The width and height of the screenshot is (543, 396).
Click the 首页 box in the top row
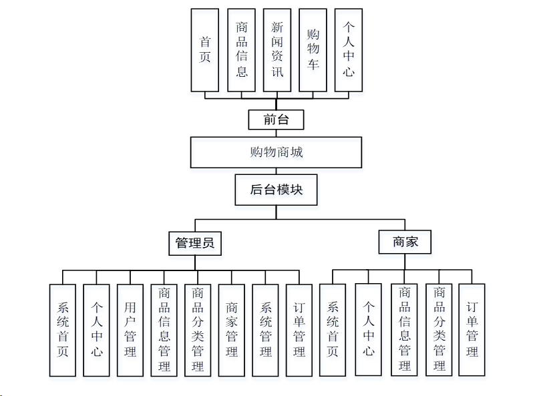click(204, 50)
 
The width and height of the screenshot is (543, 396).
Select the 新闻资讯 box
click(277, 50)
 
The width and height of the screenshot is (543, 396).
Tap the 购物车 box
click(313, 50)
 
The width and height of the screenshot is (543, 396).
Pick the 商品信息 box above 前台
click(241, 50)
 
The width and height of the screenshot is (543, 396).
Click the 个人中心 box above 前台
click(348, 50)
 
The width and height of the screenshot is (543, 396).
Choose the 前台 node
click(276, 120)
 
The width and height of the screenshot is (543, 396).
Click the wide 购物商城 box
click(276, 152)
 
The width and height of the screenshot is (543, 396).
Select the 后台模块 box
click(276, 190)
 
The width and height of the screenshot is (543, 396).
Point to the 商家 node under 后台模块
click(405, 242)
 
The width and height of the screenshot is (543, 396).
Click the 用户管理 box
click(130, 329)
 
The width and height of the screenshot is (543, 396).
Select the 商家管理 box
click(232, 329)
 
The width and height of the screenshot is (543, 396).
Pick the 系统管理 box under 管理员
click(266, 329)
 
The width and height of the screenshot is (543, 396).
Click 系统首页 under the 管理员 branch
click(63, 329)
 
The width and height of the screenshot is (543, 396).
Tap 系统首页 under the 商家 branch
click(333, 329)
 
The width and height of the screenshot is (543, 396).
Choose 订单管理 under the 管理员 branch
click(299, 329)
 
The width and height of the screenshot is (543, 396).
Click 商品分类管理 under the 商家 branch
click(439, 329)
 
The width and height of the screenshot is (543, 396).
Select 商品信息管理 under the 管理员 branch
click(164, 329)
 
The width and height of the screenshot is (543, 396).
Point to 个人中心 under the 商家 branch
click(368, 329)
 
